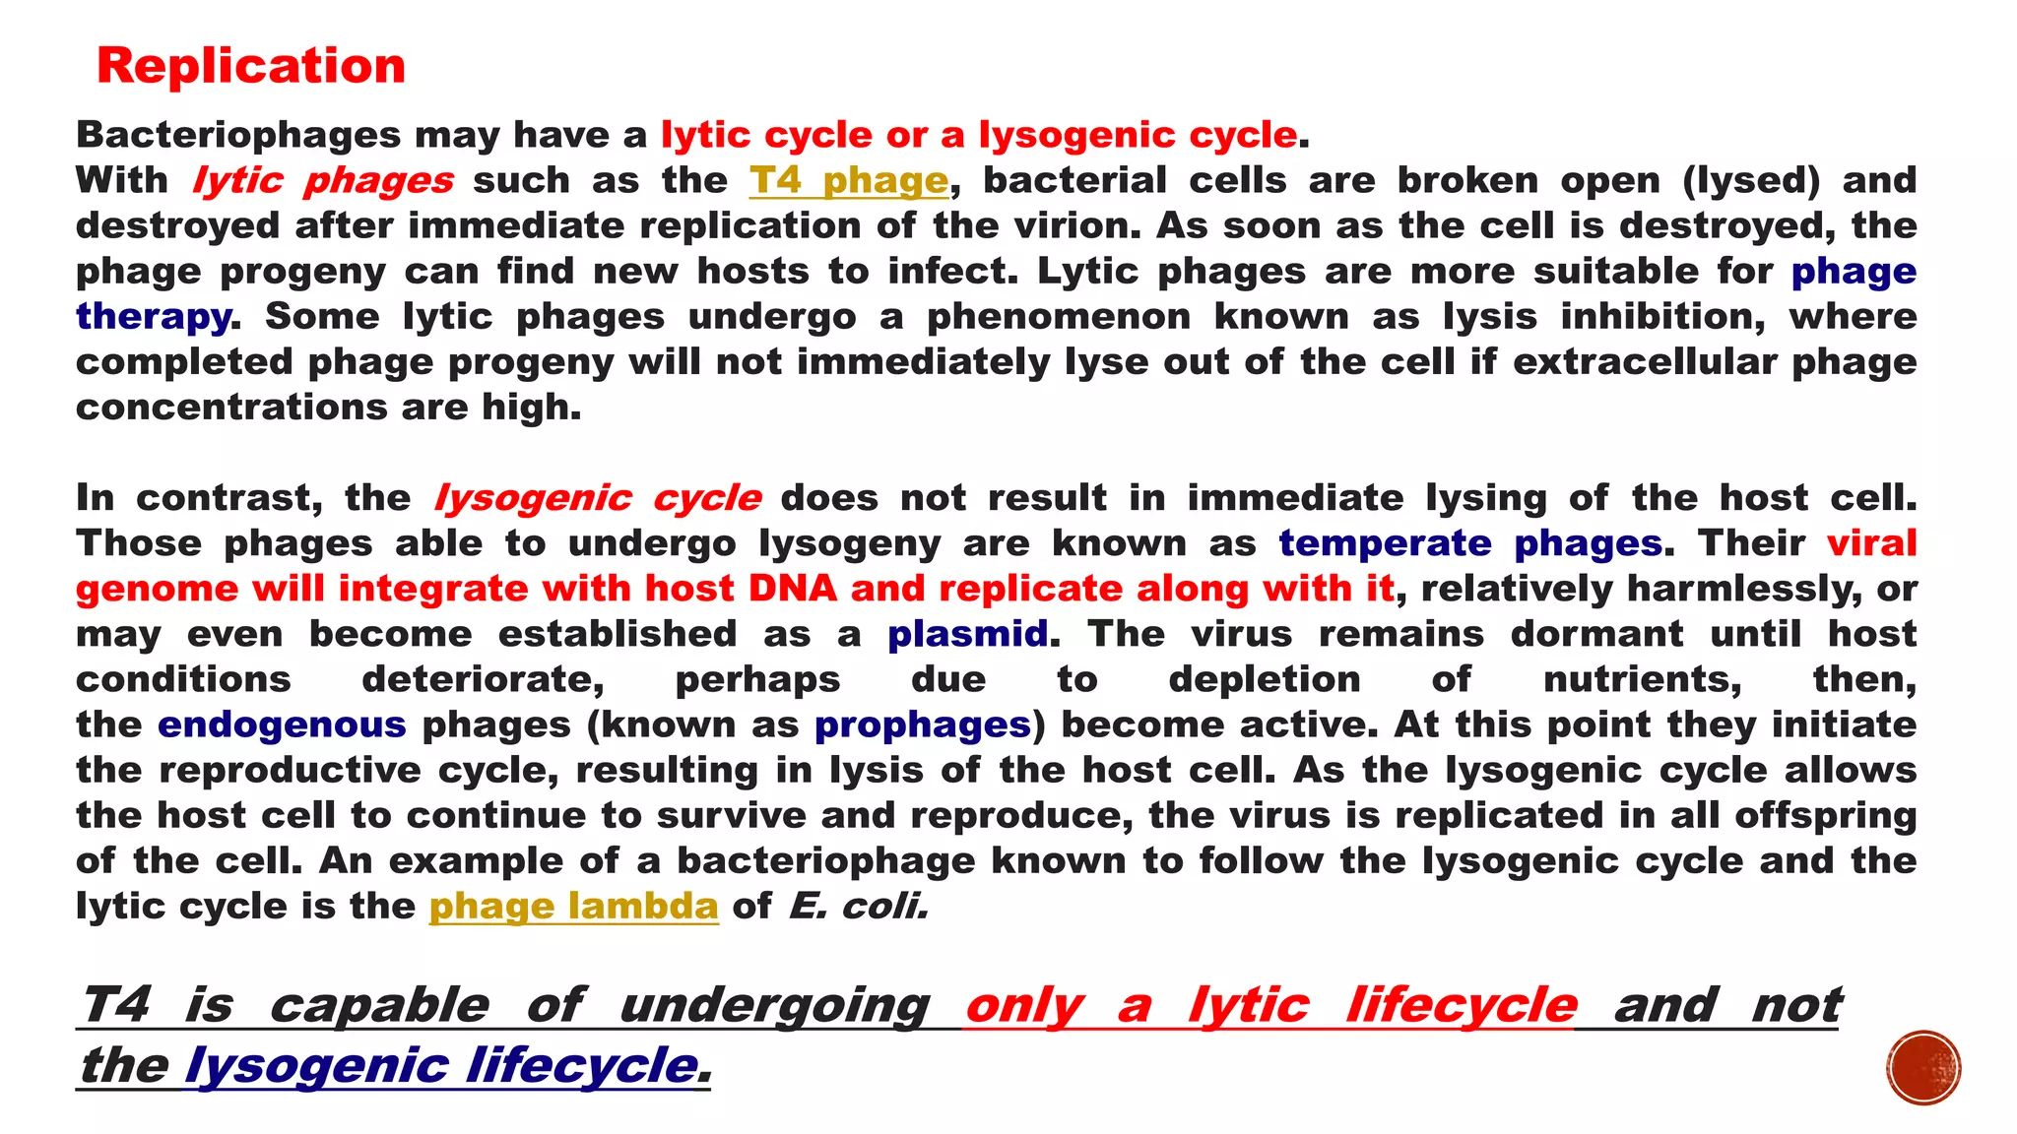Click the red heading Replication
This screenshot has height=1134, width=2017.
(x=251, y=67)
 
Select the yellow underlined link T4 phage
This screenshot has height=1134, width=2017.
(x=848, y=180)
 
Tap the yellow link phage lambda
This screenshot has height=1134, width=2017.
(x=573, y=906)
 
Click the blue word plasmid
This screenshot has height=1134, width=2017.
(x=967, y=634)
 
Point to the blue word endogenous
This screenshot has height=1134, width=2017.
(x=282, y=724)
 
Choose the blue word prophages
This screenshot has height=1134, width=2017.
(x=922, y=725)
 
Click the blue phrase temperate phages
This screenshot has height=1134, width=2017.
(x=1470, y=543)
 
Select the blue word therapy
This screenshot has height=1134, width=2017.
(x=154, y=317)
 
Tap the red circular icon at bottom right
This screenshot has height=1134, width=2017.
(x=1923, y=1067)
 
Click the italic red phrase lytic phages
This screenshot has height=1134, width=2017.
(x=322, y=180)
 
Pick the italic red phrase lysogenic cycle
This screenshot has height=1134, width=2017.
(x=597, y=498)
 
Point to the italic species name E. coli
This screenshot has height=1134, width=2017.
(x=858, y=906)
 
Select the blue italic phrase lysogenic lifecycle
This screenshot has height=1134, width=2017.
(x=441, y=1065)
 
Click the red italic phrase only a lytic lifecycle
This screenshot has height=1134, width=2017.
(x=1270, y=1005)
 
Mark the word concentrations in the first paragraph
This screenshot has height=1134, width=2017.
(x=230, y=408)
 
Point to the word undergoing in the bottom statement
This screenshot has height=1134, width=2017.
(x=774, y=1005)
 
